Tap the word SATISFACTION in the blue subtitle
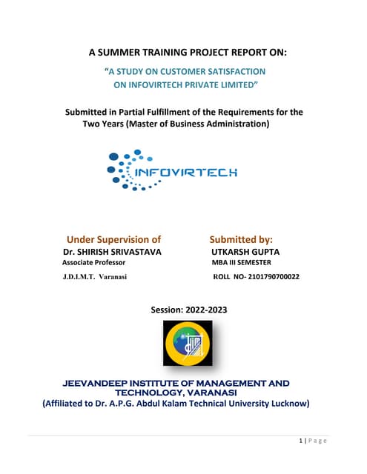[229, 71]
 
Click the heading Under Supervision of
[113, 239]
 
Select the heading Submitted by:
[241, 239]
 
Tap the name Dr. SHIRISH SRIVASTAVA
[113, 253]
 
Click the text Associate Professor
[93, 263]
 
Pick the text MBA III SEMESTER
[241, 263]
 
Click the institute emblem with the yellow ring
[187, 345]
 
